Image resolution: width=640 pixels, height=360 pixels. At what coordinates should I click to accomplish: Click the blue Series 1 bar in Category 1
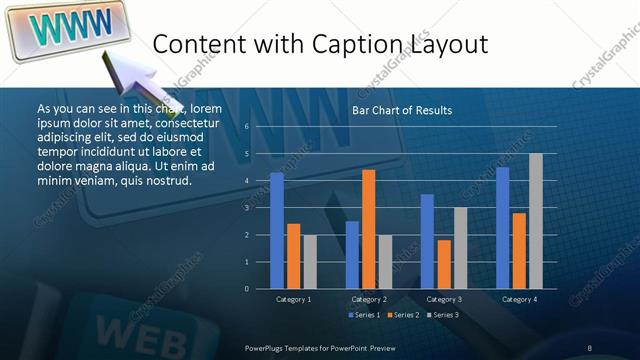(x=277, y=230)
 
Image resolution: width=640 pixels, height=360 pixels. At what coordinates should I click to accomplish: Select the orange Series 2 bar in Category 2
(x=368, y=229)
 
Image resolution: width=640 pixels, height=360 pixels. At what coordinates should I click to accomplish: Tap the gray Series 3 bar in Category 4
(x=535, y=221)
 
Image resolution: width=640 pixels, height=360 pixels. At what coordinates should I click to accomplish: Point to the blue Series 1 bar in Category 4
(x=502, y=228)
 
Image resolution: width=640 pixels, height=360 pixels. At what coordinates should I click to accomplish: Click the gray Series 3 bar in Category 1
(x=310, y=261)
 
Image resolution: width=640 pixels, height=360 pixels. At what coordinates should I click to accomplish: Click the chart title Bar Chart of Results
(x=402, y=110)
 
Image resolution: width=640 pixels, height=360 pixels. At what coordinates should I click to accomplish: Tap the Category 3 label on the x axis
(x=443, y=299)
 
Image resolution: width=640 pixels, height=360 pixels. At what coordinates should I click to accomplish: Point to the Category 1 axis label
(x=293, y=299)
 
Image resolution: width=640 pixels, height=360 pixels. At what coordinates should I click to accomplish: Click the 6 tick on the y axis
(x=246, y=127)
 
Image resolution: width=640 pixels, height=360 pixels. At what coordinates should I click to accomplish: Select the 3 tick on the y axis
(x=246, y=208)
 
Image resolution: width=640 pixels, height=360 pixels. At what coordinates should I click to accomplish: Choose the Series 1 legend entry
(x=365, y=315)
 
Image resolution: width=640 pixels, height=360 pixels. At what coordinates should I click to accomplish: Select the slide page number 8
(x=590, y=346)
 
